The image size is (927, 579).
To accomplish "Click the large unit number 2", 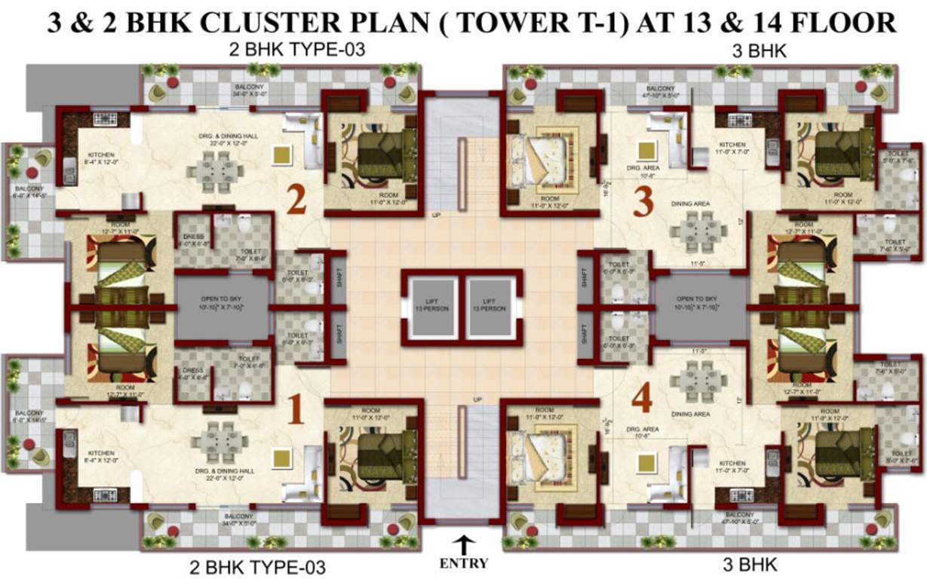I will coord(297,201).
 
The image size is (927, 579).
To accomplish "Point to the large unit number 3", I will coord(643,202).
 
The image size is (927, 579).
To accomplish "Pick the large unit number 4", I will coord(642,400).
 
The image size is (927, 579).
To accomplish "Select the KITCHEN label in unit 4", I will coord(732,463).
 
